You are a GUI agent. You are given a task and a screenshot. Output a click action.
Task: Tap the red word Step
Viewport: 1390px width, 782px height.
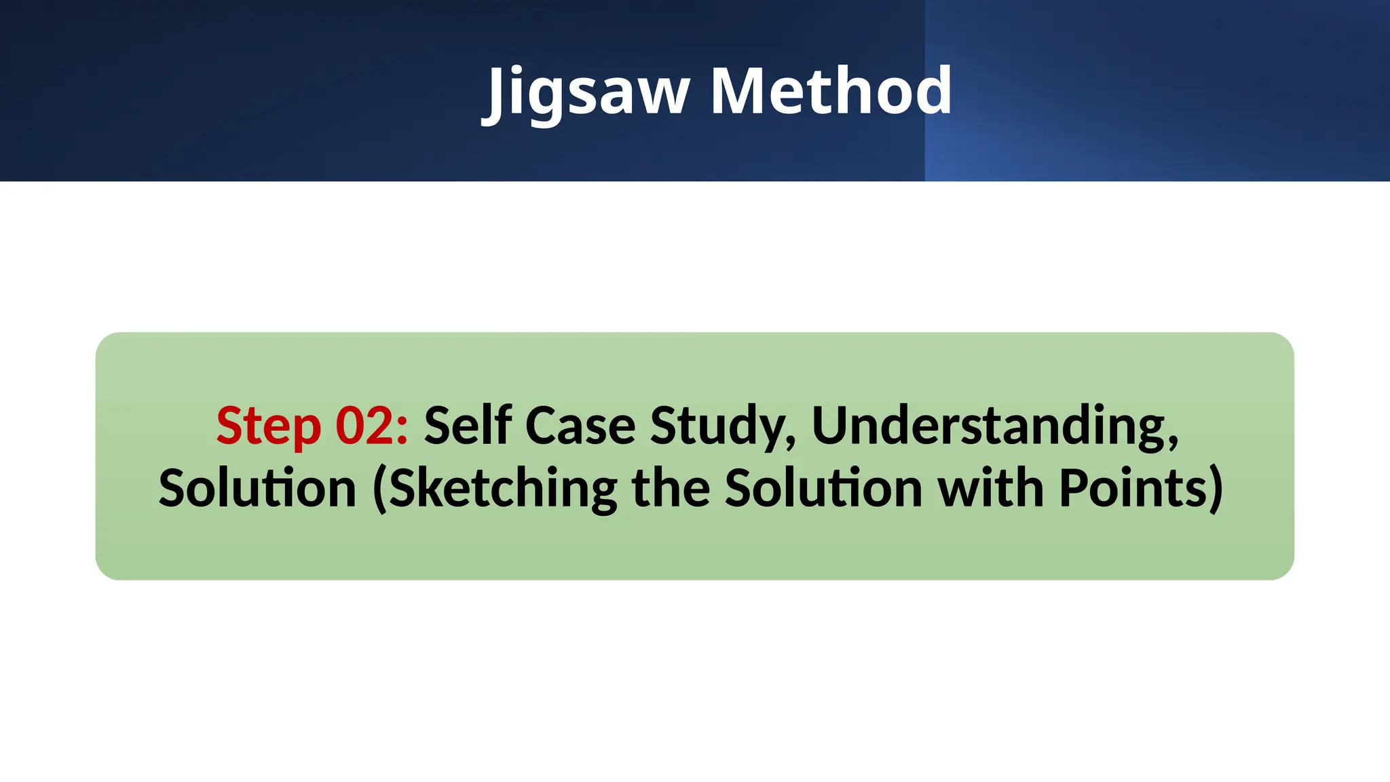click(268, 426)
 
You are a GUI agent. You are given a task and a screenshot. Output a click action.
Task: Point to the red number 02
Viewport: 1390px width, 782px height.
click(365, 426)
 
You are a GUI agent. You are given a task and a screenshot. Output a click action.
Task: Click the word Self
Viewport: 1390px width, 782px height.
click(468, 426)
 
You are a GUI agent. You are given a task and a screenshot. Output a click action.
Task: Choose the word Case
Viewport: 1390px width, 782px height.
click(580, 426)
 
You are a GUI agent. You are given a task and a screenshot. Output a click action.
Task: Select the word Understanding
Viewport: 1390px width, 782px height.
click(988, 426)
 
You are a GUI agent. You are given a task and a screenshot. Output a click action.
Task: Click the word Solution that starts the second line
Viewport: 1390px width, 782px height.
click(258, 488)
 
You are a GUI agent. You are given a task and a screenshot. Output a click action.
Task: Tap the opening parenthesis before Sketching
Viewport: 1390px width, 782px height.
click(379, 489)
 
